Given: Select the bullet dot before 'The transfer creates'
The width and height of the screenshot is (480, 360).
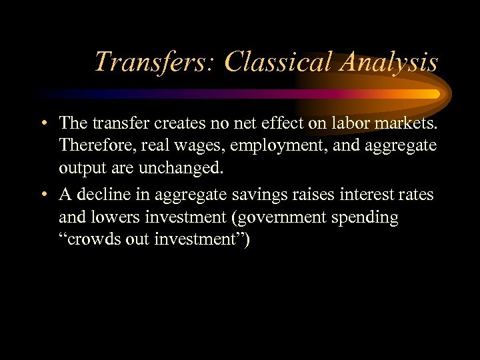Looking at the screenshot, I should tap(43, 123).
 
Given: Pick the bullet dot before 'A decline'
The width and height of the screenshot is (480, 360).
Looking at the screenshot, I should tap(43, 195).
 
